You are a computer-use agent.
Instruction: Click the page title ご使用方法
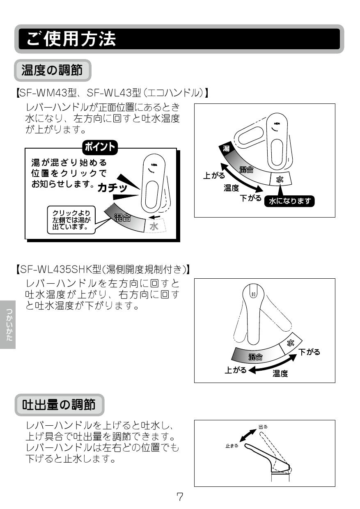pos(71,39)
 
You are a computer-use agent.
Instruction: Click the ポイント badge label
pos(100,147)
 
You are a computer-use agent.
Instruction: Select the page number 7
pos(180,497)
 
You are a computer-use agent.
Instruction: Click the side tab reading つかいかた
pos(8,325)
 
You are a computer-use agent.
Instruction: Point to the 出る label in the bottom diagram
pos(263,426)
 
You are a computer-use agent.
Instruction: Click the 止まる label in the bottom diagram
pos(232,446)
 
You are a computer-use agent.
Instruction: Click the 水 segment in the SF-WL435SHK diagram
pos(290,343)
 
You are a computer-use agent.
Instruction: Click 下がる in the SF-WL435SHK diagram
pos(309,352)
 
